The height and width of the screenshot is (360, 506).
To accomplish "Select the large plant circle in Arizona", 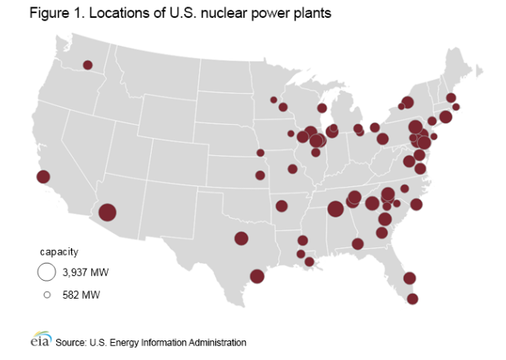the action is [x=108, y=213].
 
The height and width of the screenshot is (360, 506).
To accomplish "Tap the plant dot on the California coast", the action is [x=43, y=176].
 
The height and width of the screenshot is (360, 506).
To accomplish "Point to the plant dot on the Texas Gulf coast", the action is [x=257, y=276].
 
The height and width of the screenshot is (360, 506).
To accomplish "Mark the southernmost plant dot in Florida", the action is [x=413, y=299].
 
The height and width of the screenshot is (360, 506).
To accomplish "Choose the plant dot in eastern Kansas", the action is [x=260, y=175].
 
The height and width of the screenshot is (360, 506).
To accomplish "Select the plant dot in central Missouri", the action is [x=292, y=169].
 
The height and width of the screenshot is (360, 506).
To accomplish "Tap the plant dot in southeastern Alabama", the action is [x=357, y=242].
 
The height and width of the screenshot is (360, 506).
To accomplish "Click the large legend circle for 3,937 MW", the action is [x=47, y=272].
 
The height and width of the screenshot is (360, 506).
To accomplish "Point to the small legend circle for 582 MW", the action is [x=47, y=294].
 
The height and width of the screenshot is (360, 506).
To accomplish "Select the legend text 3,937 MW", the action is [x=85, y=272].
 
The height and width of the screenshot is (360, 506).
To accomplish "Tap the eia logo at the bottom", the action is [x=40, y=341].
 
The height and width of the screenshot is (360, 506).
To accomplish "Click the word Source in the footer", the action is [x=69, y=342].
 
